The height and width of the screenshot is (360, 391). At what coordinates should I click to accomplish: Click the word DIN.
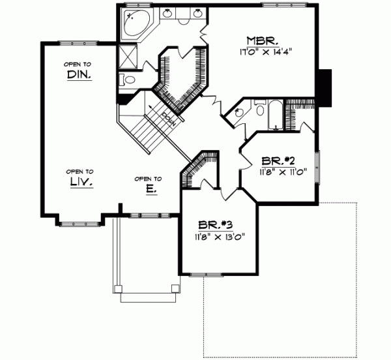coord(78,75)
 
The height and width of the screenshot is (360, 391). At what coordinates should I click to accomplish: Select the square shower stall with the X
coord(128,57)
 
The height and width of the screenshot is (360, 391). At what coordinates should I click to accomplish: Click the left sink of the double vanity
coord(168,13)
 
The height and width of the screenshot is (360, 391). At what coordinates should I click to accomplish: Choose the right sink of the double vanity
coord(196,13)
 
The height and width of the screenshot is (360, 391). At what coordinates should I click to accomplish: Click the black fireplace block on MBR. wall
coord(325,85)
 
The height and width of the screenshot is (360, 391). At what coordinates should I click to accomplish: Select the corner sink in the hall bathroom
coord(238,112)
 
